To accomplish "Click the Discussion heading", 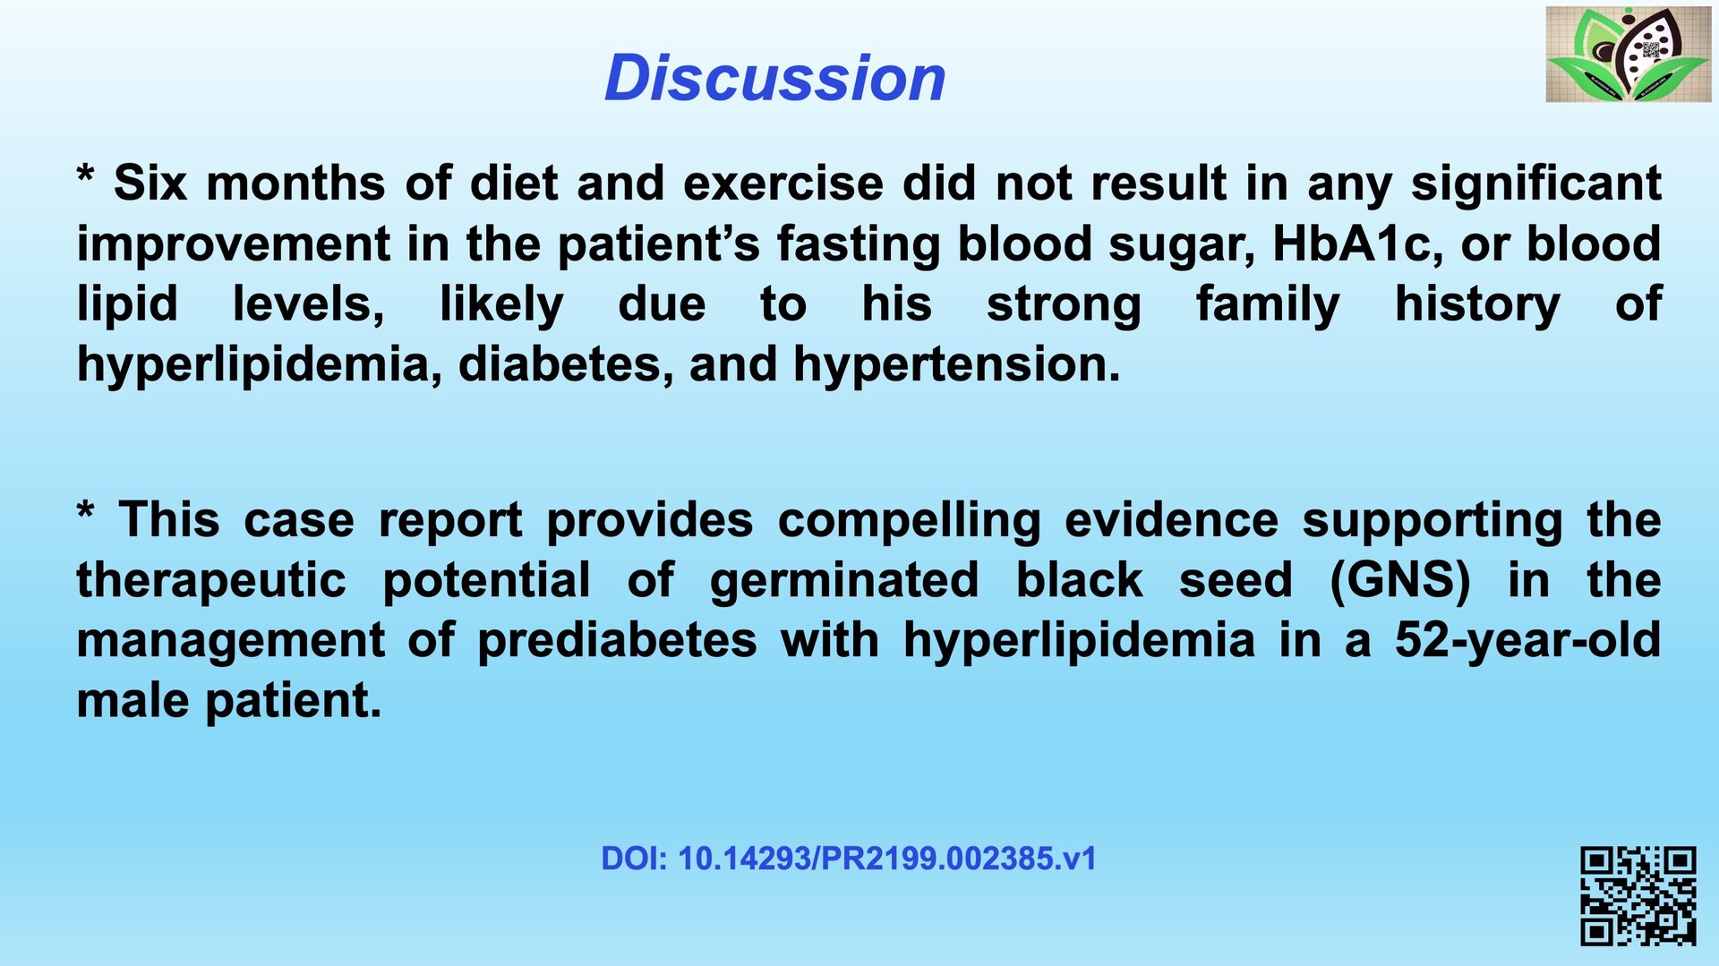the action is pyautogui.click(x=774, y=78).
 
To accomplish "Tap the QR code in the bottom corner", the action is pyautogui.click(x=1638, y=896).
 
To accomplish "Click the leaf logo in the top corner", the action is pyautogui.click(x=1629, y=54).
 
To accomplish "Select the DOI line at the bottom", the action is pyautogui.click(x=848, y=859).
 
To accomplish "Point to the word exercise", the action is pyautogui.click(x=783, y=183).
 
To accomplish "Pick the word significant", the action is pyautogui.click(x=1536, y=184).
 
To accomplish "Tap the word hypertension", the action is pyautogui.click(x=956, y=365).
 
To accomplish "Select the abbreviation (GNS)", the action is pyautogui.click(x=1400, y=580).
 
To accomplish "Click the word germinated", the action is pyautogui.click(x=844, y=580).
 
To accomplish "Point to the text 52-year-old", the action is pyautogui.click(x=1527, y=641).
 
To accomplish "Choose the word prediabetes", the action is pyautogui.click(x=617, y=641).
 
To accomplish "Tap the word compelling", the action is pyautogui.click(x=909, y=521).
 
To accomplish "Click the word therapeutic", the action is pyautogui.click(x=211, y=581).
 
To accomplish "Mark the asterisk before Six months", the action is pyautogui.click(x=85, y=174).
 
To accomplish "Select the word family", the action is pyautogui.click(x=1268, y=305).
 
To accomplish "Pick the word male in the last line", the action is pyautogui.click(x=133, y=701).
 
